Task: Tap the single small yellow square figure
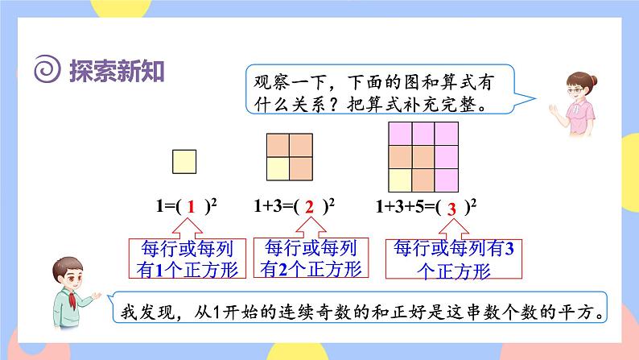pyautogui.click(x=184, y=162)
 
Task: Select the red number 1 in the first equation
pyautogui.click(x=192, y=207)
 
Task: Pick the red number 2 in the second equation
pyautogui.click(x=309, y=207)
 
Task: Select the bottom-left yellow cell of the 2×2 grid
pyautogui.click(x=278, y=168)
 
